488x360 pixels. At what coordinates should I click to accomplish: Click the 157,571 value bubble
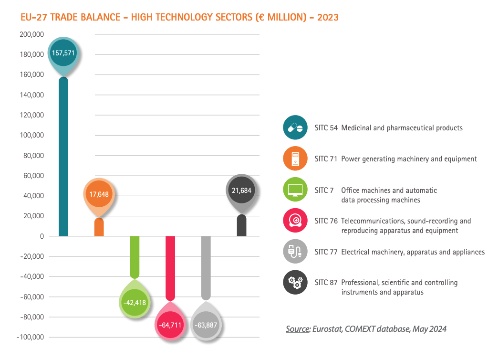pyautogui.click(x=63, y=53)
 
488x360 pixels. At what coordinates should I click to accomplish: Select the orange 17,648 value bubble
pyautogui.click(x=99, y=194)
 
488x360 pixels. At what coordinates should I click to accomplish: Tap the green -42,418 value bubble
pyautogui.click(x=135, y=303)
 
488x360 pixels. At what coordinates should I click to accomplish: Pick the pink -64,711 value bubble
pyautogui.click(x=170, y=326)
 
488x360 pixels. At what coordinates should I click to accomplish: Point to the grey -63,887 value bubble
pyautogui.click(x=206, y=326)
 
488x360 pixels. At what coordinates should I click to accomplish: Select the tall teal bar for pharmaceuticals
pyautogui.click(x=63, y=158)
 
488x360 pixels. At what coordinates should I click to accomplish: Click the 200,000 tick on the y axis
pyautogui.click(x=32, y=34)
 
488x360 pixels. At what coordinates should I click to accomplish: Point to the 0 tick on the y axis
pyautogui.click(x=42, y=236)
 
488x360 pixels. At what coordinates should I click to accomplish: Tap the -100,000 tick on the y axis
pyautogui.click(x=31, y=337)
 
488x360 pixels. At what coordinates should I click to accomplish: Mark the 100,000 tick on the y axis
pyautogui.click(x=32, y=135)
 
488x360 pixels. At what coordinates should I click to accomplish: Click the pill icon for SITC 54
pyautogui.click(x=295, y=127)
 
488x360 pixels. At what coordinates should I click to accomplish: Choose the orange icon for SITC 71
pyautogui.click(x=295, y=159)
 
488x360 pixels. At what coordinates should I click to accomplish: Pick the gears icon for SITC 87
pyautogui.click(x=295, y=282)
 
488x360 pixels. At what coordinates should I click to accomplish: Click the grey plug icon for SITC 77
pyautogui.click(x=295, y=251)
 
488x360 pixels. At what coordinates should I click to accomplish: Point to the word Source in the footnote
pyautogui.click(x=298, y=329)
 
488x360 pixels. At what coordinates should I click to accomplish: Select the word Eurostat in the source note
pyautogui.click(x=328, y=329)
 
